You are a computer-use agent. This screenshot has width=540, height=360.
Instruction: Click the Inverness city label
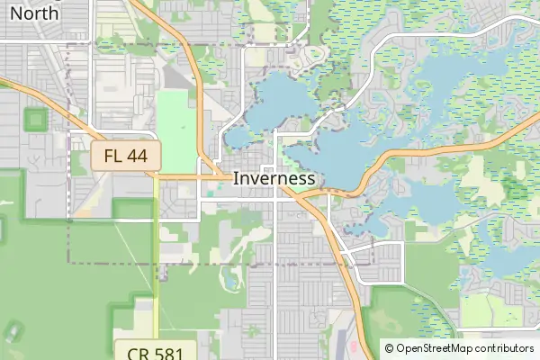click(274, 178)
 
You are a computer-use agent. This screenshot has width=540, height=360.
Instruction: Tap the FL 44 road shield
click(125, 156)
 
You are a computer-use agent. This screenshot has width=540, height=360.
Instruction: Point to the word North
click(34, 13)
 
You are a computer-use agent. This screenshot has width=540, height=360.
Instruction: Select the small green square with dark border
click(35, 119)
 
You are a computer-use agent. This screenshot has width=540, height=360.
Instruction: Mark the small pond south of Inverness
click(231, 281)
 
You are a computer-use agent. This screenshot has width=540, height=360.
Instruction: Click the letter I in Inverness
click(236, 178)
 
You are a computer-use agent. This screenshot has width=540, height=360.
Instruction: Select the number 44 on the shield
click(137, 156)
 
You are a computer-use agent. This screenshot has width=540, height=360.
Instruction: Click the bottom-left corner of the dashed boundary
click(69, 263)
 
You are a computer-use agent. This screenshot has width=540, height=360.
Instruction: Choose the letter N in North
click(15, 13)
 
